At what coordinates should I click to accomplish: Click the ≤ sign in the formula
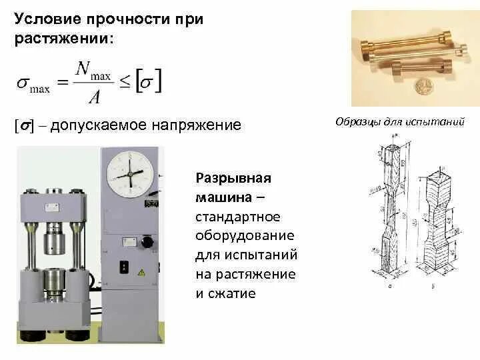(123, 83)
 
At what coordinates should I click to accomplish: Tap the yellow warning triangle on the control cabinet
(141, 273)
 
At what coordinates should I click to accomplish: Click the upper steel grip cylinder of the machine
(57, 241)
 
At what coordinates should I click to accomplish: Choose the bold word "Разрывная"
(233, 178)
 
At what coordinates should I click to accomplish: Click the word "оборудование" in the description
(245, 236)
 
